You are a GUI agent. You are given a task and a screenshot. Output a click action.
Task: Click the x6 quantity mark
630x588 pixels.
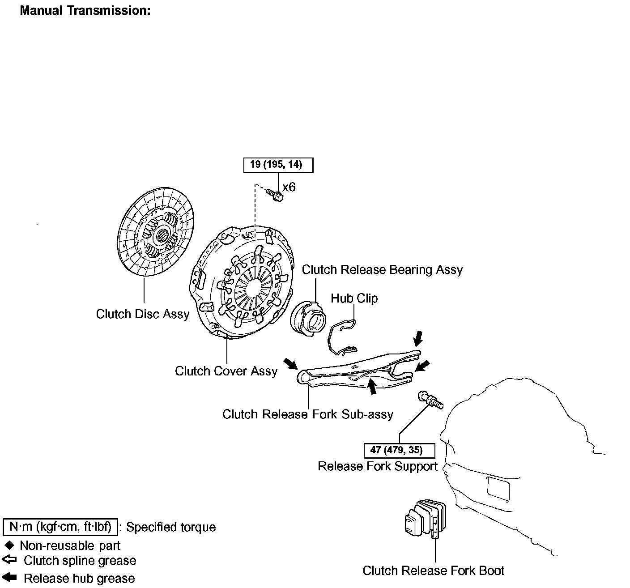(x=289, y=187)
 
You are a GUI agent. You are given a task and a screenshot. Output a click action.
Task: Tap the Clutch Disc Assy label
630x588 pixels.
(x=143, y=314)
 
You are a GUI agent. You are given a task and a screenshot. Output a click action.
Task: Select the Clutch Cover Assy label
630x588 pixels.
(x=226, y=371)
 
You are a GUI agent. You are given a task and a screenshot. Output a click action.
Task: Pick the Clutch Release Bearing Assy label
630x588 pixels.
(x=382, y=270)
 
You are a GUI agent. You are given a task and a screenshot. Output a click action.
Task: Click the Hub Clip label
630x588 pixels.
(x=354, y=298)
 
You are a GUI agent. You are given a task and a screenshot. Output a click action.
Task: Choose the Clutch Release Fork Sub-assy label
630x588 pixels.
(x=308, y=414)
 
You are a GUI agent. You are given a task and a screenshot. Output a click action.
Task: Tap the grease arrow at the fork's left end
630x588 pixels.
(x=290, y=363)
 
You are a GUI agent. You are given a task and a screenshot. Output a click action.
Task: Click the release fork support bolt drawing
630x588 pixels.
(x=430, y=400)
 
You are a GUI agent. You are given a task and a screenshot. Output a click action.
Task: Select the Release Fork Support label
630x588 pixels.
(x=378, y=466)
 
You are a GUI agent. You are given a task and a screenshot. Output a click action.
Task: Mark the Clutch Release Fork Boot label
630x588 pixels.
(x=433, y=571)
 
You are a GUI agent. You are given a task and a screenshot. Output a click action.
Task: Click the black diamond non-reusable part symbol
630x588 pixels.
(x=10, y=545)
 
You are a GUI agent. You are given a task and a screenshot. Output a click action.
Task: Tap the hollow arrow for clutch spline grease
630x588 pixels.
(x=9, y=560)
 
